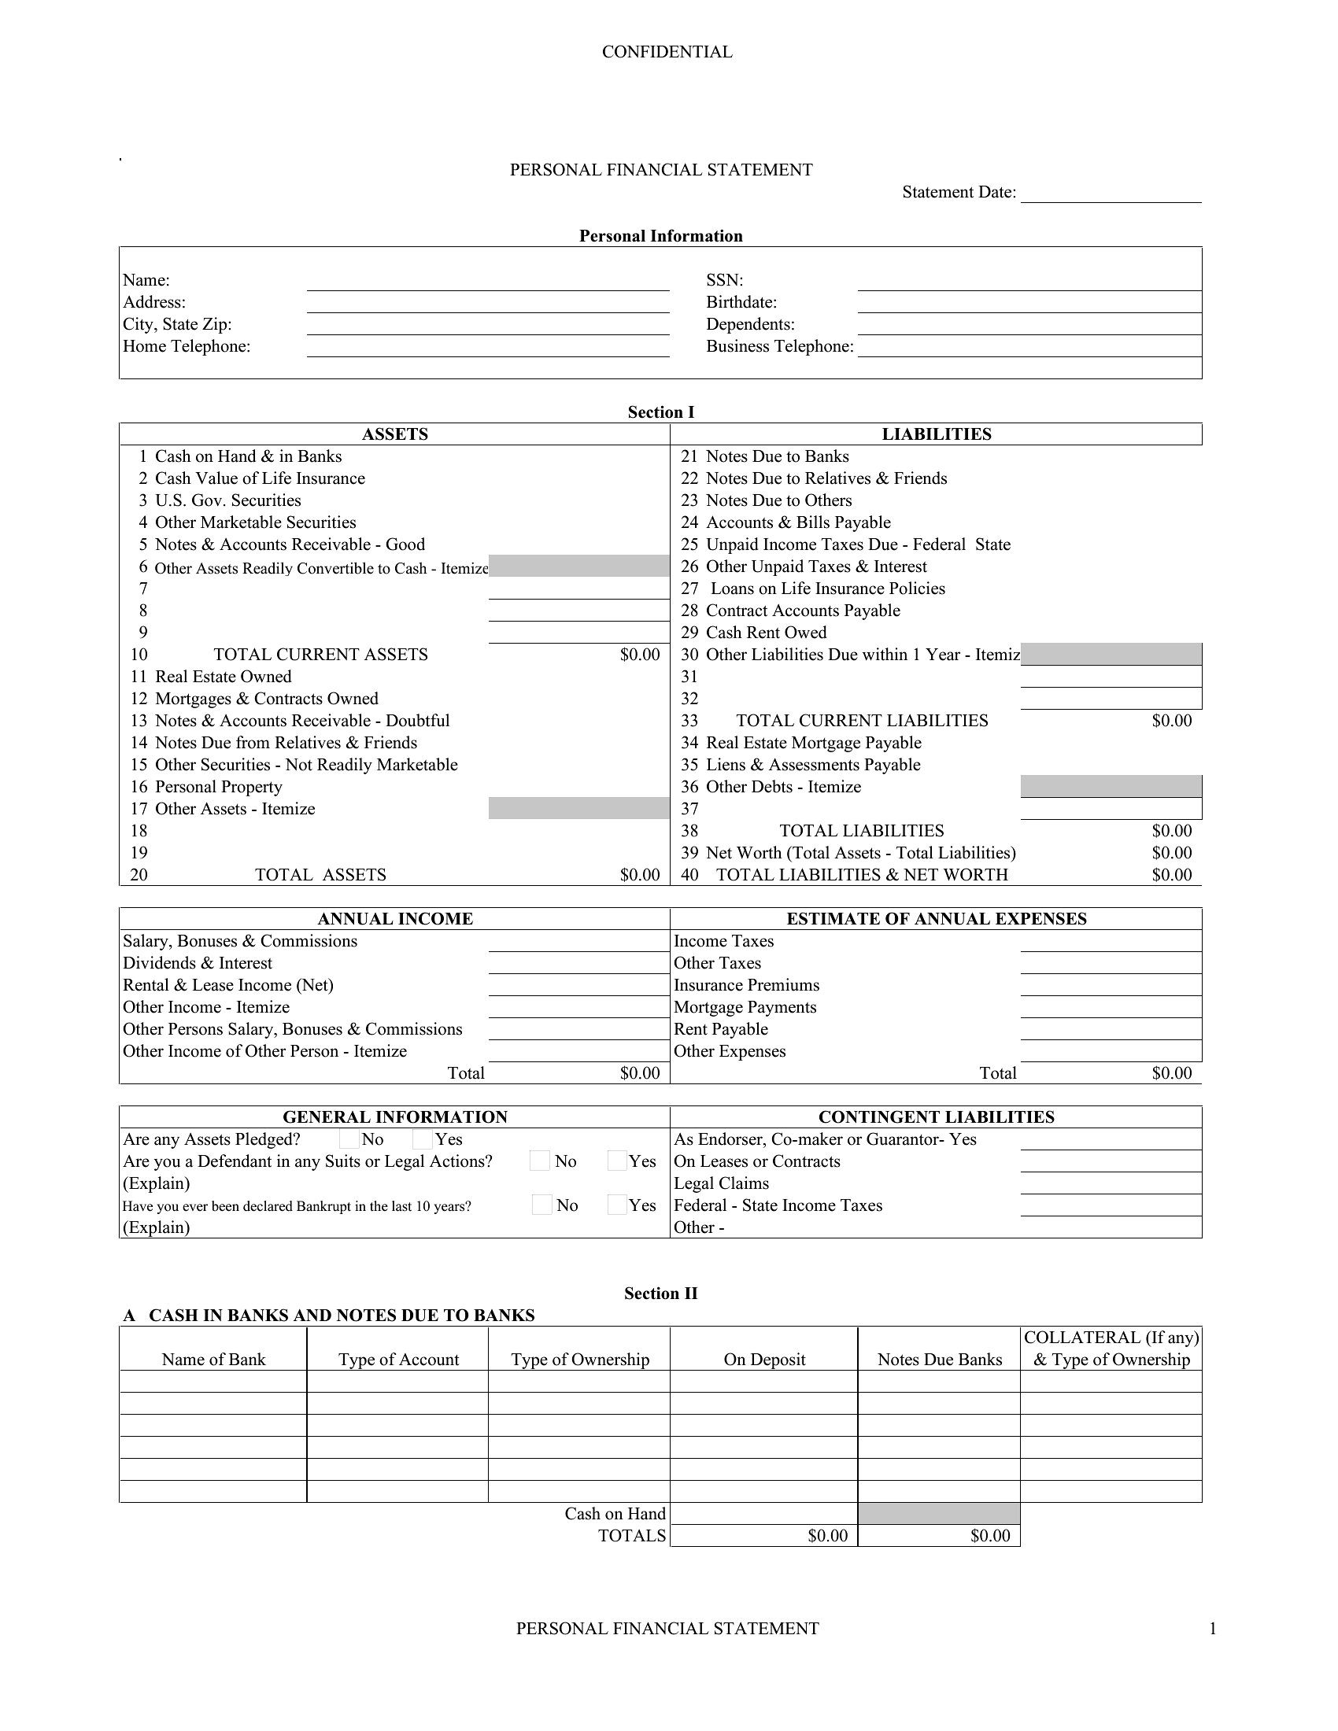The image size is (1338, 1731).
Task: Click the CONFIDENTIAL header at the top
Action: tap(667, 52)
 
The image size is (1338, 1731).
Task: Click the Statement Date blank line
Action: tap(1111, 194)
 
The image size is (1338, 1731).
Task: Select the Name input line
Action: tap(487, 282)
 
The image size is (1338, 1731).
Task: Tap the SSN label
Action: tap(724, 281)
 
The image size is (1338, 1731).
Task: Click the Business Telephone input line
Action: tap(1029, 348)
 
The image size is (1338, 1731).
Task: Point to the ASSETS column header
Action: tap(395, 434)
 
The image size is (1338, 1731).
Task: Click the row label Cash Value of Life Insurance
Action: tap(260, 478)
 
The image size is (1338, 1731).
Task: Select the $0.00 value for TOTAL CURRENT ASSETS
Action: tap(640, 655)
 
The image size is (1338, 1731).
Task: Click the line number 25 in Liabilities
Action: tap(689, 544)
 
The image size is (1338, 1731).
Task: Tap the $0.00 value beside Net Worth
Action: tap(1172, 853)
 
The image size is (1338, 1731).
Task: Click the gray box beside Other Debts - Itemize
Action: tap(1111, 787)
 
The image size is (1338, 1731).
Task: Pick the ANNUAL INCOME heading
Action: tap(395, 918)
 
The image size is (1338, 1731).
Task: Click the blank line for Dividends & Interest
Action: tap(578, 965)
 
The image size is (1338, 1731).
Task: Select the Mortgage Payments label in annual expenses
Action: tap(745, 1007)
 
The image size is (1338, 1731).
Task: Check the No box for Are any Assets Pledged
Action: tap(349, 1140)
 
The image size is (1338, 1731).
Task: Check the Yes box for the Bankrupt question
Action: tap(617, 1205)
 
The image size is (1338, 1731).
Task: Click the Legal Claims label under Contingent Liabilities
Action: tap(720, 1183)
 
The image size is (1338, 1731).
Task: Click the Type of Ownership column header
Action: tap(579, 1360)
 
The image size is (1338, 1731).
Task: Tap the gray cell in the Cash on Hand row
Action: tap(938, 1514)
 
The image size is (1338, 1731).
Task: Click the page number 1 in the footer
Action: tap(1212, 1629)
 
